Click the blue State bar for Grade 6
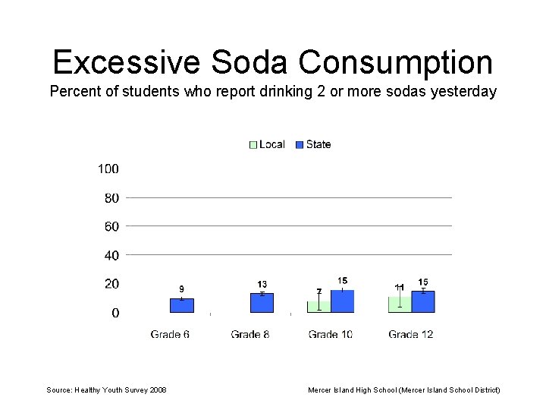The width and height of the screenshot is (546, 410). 182,305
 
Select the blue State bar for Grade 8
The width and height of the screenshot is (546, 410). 262,303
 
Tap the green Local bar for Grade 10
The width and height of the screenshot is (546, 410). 318,307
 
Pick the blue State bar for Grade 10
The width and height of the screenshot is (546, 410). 342,301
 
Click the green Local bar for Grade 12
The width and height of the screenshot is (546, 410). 399,304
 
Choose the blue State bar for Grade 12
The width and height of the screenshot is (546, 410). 423,301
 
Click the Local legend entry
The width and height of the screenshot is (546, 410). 267,144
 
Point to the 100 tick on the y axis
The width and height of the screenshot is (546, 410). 108,169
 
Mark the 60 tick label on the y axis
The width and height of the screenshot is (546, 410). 111,226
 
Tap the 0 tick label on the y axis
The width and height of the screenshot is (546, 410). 115,313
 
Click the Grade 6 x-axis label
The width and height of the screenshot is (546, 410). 170,334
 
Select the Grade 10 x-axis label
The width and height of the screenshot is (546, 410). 330,334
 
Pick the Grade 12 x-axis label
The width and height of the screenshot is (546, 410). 410,334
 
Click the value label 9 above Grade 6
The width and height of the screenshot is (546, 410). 181,289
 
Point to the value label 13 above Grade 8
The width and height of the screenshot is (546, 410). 262,285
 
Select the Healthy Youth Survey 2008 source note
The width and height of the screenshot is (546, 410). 106,389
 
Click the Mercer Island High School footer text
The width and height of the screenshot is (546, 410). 403,389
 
